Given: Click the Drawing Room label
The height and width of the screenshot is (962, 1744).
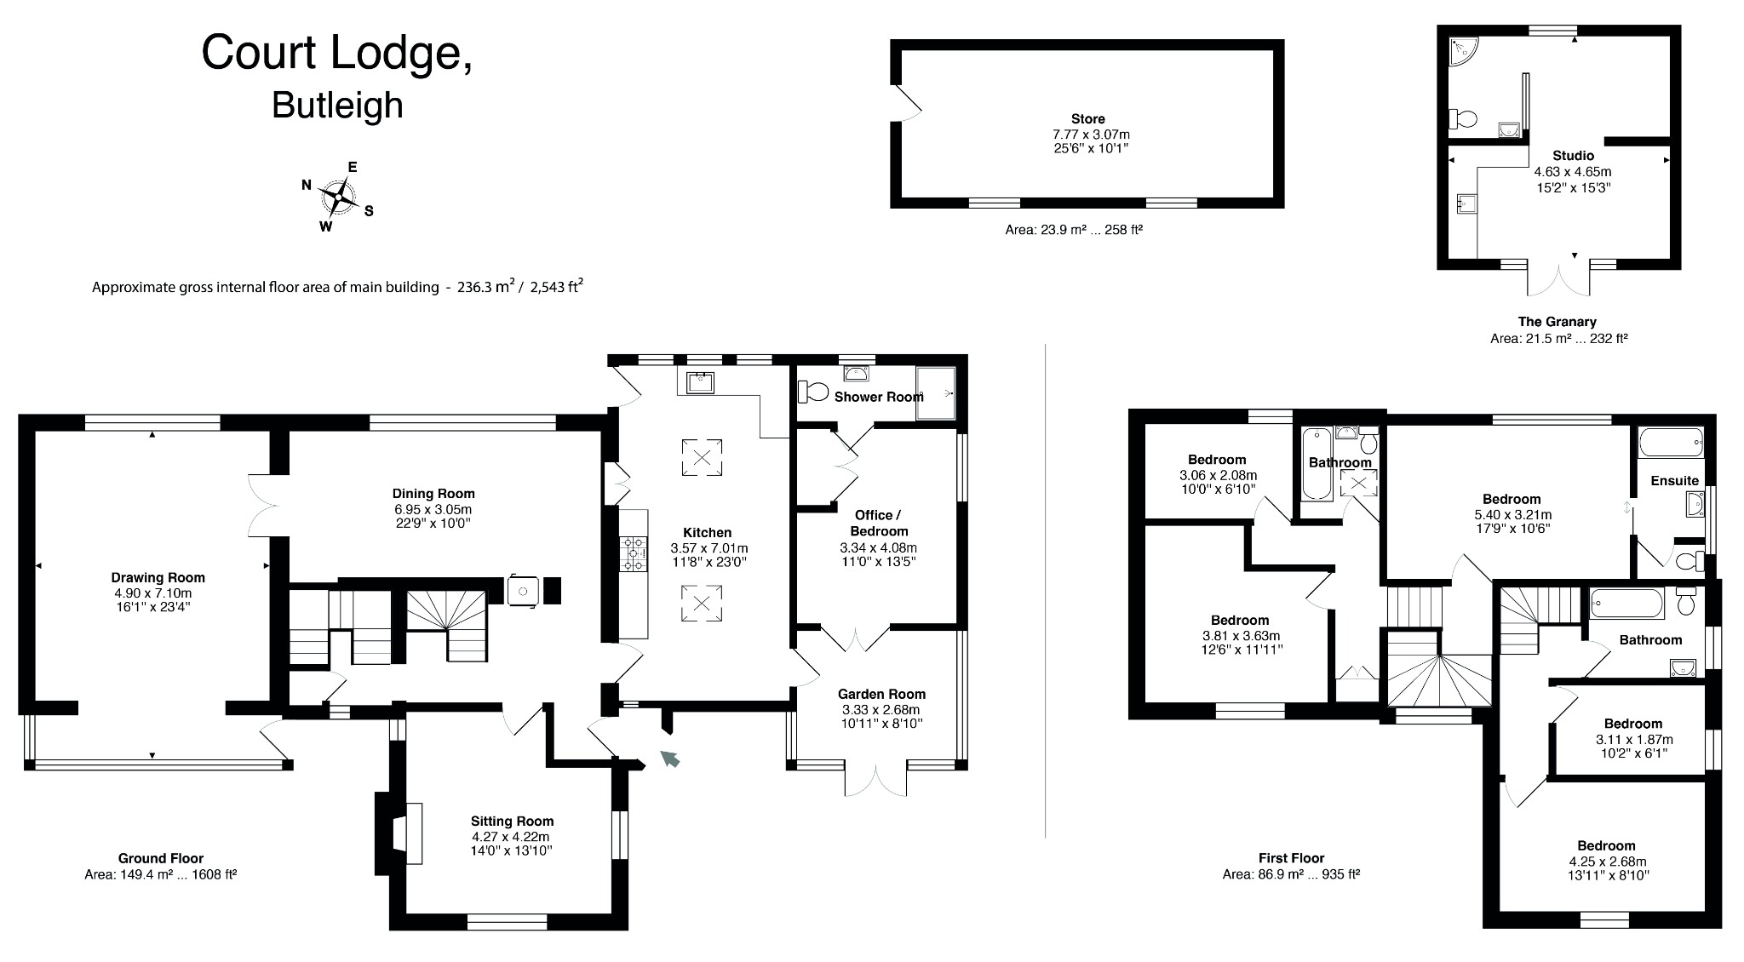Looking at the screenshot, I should tap(158, 577).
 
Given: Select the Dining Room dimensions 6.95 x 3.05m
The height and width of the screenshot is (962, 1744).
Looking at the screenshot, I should tap(433, 509).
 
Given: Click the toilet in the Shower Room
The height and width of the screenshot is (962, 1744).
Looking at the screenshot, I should tap(813, 392).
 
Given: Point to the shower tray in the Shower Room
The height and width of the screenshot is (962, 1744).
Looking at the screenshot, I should tap(935, 393).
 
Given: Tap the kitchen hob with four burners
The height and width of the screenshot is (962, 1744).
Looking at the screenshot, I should tap(634, 553).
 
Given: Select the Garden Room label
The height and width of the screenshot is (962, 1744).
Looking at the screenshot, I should tap(881, 694).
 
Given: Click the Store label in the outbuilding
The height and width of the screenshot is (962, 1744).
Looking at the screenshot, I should tap(1087, 119).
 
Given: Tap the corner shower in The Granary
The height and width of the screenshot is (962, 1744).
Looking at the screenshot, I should tap(1463, 50).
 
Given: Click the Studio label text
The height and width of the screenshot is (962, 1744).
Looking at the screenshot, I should tap(1573, 156).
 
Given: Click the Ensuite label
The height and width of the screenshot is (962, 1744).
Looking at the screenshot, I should tap(1674, 480).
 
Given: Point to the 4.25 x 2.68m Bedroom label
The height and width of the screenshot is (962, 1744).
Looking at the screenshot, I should tap(1606, 845).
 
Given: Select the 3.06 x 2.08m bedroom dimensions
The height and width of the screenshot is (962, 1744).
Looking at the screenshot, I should tap(1218, 475).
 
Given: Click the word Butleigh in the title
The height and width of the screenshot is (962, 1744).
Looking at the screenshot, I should tap(337, 106).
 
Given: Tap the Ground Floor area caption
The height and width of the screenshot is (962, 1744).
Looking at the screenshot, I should tap(160, 873).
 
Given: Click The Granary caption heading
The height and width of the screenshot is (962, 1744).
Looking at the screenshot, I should tap(1557, 322).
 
